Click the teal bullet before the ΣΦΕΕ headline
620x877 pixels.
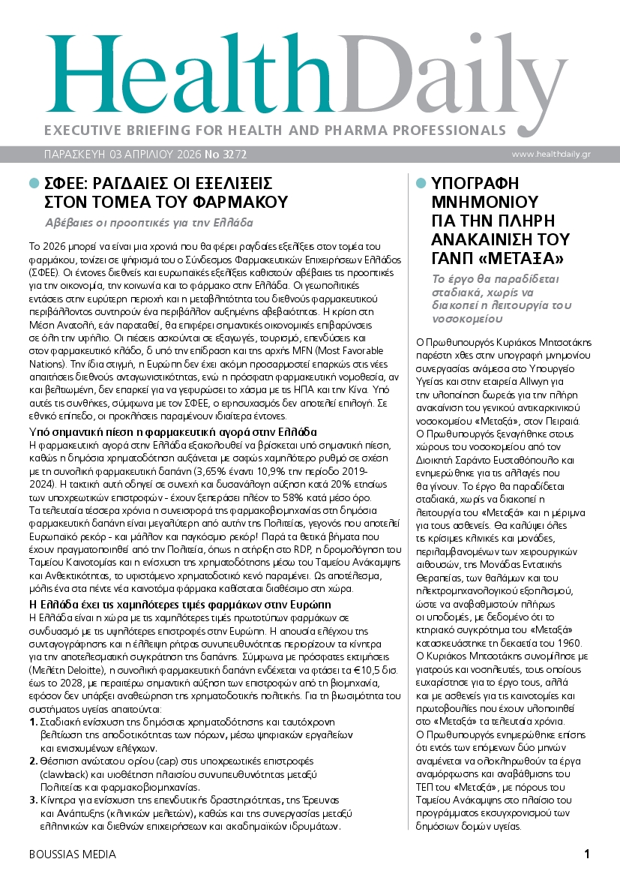click(33, 183)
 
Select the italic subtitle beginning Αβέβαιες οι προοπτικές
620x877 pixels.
click(148, 223)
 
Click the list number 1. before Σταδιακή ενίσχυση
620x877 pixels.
click(33, 721)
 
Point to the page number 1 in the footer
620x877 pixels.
click(587, 854)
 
